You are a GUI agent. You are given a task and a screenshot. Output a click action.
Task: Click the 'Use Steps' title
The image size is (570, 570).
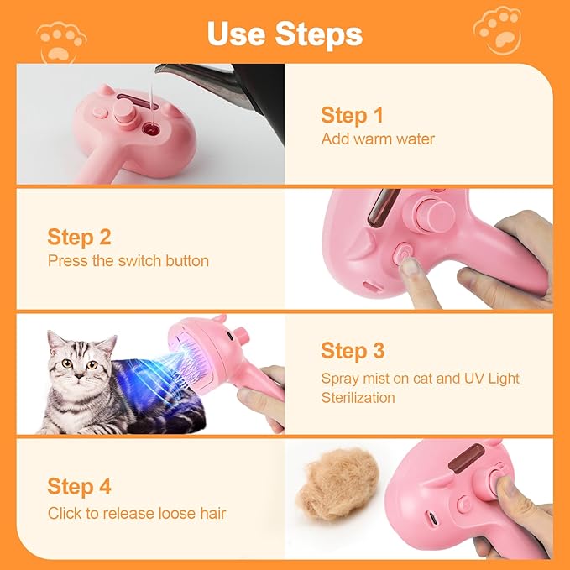[x=285, y=34]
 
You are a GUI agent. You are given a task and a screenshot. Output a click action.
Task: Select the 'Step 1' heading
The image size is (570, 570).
[x=353, y=116]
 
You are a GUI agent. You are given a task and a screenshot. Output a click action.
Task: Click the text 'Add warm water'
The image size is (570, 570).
[x=378, y=139]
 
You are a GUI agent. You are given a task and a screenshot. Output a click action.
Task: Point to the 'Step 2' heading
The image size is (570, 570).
[x=79, y=237]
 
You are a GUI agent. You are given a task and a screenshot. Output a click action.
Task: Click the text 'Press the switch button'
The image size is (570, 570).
[x=128, y=261]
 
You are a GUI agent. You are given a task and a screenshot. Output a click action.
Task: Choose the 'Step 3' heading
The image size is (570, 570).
[x=353, y=351]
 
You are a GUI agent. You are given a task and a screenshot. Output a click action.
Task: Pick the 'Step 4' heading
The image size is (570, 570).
[x=79, y=486]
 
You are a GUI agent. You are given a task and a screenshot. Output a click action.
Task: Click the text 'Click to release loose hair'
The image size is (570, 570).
[x=137, y=513]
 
